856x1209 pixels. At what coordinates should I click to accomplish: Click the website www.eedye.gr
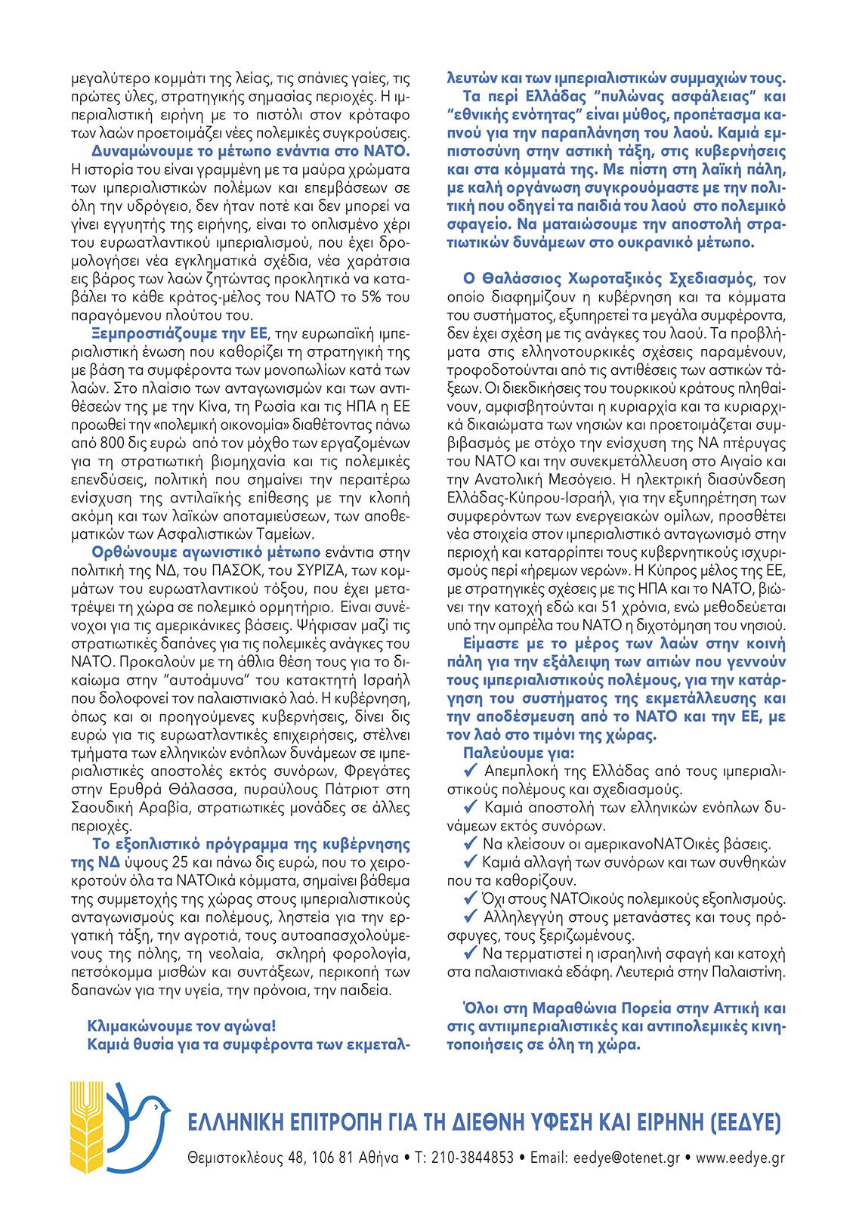coord(740,1158)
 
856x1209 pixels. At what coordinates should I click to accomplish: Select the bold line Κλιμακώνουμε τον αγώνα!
coord(182,1026)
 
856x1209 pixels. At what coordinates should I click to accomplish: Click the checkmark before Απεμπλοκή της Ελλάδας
coord(471,771)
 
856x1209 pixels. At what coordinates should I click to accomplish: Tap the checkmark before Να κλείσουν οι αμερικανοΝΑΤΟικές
coord(471,843)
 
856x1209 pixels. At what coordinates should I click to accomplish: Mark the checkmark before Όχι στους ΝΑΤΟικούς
coord(471,898)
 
